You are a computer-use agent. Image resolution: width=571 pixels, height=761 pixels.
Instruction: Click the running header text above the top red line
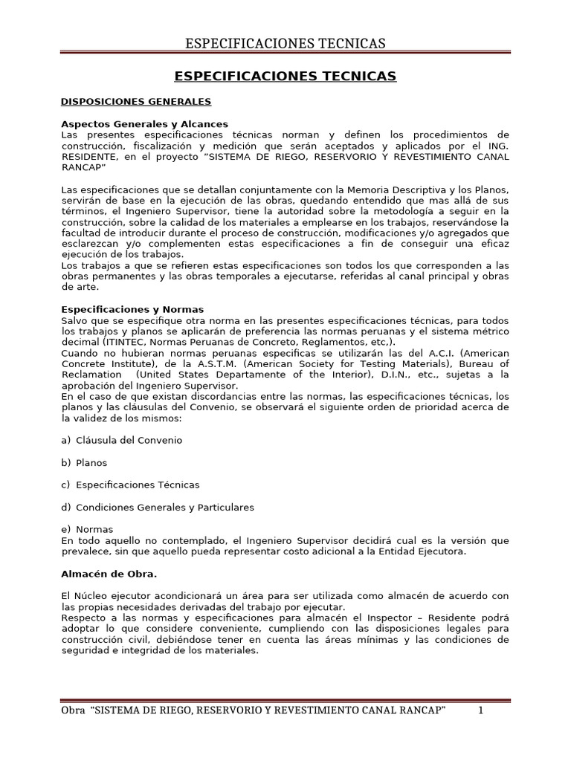285,43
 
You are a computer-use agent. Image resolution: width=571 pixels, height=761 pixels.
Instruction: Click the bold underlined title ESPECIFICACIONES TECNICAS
285,77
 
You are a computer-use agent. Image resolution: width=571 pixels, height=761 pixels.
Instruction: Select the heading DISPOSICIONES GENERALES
136,101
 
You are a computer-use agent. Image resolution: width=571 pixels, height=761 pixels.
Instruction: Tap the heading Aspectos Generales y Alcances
144,123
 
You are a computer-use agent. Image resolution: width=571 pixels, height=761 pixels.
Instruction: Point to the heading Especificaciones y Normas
132,309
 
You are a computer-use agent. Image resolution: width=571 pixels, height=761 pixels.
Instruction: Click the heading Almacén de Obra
109,574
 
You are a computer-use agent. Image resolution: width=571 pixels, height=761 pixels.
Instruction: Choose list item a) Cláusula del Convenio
121,440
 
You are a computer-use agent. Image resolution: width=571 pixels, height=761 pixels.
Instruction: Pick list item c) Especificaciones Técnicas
130,485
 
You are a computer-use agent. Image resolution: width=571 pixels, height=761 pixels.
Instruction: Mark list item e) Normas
87,529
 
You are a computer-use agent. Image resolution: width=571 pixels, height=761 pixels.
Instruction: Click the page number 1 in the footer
480,710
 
